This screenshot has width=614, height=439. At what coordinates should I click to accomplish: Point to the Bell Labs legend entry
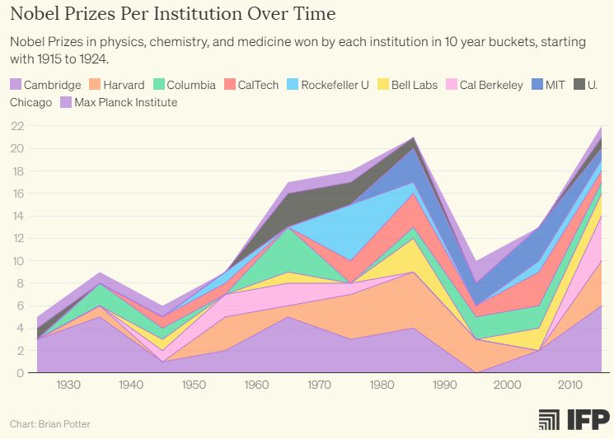coord(407,85)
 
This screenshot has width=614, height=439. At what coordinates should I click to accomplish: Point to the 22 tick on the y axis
coord(16,126)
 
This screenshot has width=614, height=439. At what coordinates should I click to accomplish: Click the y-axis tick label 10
coord(16,261)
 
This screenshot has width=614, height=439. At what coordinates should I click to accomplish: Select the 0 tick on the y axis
coord(20,373)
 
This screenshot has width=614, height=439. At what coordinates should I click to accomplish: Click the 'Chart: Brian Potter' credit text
coord(49,424)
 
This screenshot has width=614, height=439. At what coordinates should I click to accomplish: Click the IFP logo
coord(574,419)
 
